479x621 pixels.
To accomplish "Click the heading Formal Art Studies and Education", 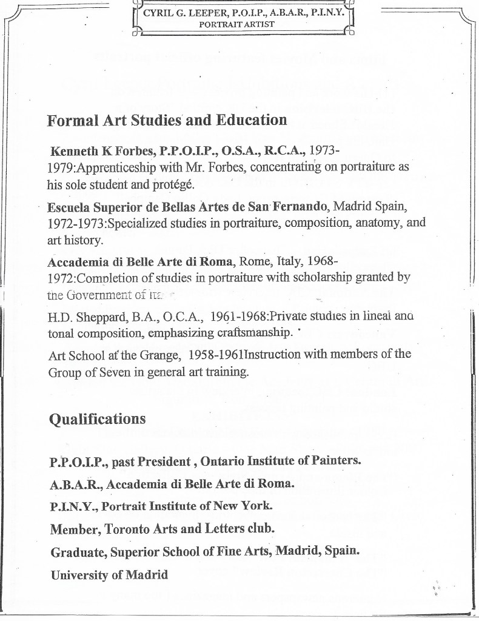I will click(167, 120).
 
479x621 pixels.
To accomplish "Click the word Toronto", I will click(121, 529).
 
